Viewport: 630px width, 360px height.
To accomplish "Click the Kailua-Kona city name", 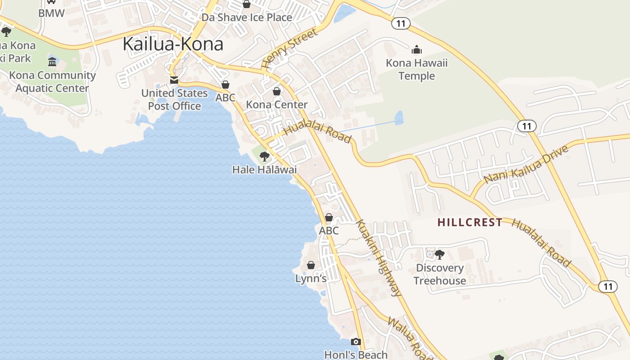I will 173,44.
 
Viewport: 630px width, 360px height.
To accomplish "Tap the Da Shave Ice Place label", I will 247,18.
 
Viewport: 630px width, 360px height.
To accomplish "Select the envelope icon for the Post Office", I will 174,81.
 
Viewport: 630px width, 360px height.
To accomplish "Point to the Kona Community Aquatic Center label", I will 53,81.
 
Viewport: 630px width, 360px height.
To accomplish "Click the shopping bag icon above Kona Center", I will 277,92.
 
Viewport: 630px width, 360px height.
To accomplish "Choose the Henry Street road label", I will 289,49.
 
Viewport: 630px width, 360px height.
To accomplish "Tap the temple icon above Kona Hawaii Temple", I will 417,49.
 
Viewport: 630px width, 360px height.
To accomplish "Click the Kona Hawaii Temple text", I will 417,69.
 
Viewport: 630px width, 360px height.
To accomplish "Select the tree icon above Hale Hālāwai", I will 265,157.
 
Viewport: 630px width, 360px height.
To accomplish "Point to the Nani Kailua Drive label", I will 526,164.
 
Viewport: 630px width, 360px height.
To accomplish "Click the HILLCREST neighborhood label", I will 470,222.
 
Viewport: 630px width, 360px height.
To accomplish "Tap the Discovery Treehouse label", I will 440,274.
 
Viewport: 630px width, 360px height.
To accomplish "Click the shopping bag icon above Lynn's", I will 310,265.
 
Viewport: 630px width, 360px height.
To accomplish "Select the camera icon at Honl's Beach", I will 356,342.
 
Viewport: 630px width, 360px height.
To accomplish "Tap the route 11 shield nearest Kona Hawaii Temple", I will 400,23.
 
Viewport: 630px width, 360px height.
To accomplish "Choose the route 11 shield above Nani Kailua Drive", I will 526,126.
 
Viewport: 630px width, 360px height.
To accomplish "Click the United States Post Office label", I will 175,99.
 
